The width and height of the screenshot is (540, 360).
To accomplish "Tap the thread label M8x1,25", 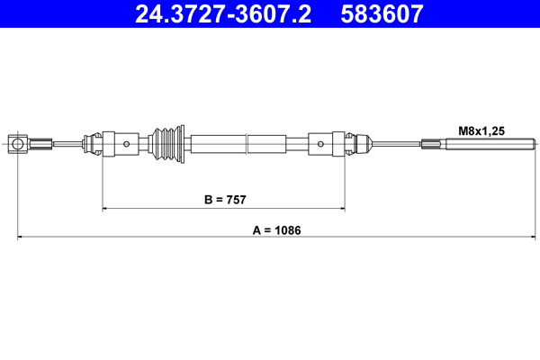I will [481, 130].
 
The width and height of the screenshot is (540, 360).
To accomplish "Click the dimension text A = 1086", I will [276, 229].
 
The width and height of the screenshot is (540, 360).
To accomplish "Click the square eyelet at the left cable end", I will [18, 143].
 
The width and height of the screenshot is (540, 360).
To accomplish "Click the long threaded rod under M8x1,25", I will [490, 143].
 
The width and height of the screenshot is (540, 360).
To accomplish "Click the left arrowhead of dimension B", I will [106, 208].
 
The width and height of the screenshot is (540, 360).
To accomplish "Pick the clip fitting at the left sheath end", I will [90, 143].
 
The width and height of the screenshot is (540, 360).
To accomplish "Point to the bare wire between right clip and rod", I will [396, 143].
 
